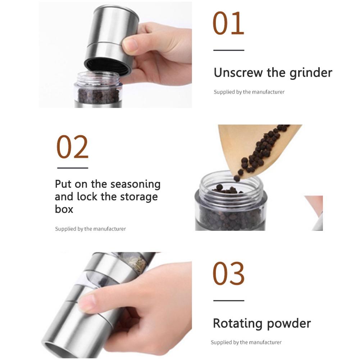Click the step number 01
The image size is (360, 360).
click(228, 23)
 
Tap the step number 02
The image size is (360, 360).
click(72, 147)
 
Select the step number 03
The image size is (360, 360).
click(228, 273)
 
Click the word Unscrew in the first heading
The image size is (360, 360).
click(238, 73)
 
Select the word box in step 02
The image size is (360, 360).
click(64, 209)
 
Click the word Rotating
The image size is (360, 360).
click(238, 324)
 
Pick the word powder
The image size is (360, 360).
click(289, 324)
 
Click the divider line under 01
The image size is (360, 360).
click(229, 50)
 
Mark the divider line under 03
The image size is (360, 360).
click(229, 300)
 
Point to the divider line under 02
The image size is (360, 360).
click(73, 168)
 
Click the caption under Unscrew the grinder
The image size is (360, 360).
click(249, 92)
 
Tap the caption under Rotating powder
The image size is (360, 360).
click(246, 342)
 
